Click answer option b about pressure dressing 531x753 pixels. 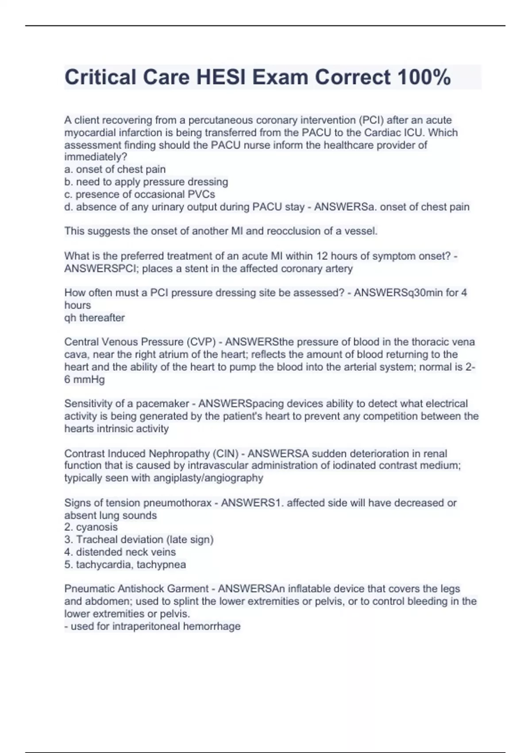coord(146,182)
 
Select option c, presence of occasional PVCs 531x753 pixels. coord(139,194)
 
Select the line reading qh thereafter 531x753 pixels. coord(95,318)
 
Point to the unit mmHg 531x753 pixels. coord(90,379)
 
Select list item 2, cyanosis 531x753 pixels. coord(91,527)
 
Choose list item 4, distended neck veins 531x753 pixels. coord(120,552)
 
